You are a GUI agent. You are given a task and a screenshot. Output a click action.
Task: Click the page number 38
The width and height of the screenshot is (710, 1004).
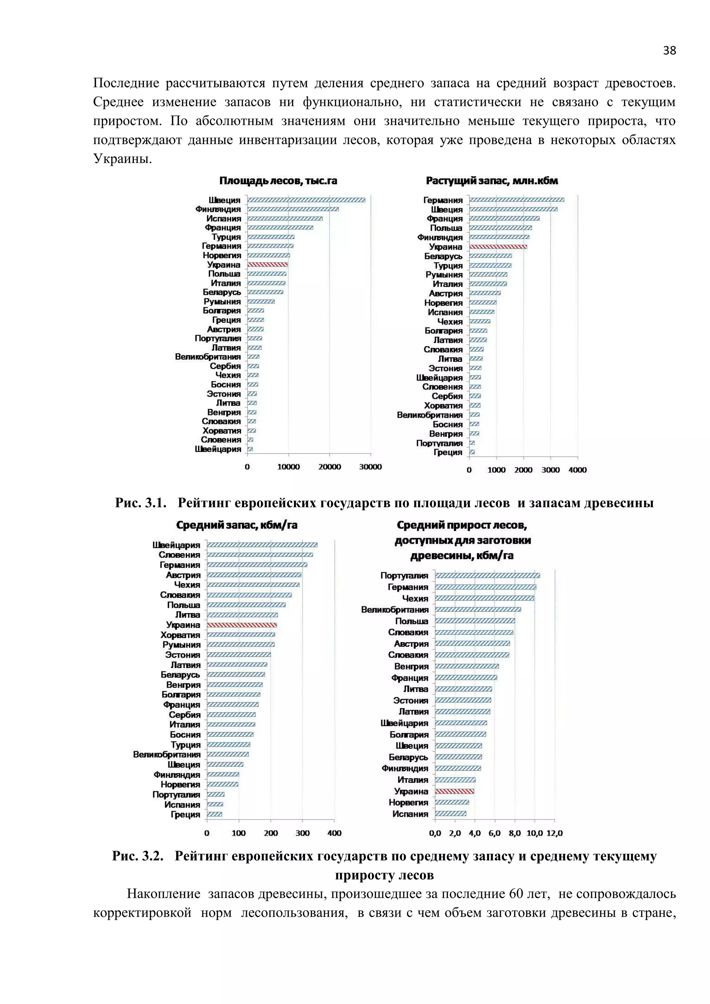[669, 51]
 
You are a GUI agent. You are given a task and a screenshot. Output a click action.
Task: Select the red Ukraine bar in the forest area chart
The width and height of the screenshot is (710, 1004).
[267, 265]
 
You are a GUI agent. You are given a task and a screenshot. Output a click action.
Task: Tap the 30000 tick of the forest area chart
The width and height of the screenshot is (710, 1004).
[370, 467]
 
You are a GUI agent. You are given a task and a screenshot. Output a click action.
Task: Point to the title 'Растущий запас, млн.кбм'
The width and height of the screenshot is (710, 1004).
[492, 181]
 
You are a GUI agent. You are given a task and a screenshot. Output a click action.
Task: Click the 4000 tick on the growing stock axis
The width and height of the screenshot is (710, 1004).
[578, 470]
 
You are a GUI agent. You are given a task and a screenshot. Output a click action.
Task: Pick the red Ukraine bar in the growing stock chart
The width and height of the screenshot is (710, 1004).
[498, 246]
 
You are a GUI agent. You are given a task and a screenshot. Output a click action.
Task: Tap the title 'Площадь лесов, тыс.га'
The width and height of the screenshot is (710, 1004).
[278, 181]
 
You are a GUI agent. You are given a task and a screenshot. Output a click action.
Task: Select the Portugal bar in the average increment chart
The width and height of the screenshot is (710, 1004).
[487, 575]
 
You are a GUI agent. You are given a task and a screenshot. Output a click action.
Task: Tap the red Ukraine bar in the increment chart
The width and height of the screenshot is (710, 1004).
[455, 791]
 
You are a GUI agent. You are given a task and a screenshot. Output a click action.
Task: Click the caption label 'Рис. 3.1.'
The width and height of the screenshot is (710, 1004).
[141, 503]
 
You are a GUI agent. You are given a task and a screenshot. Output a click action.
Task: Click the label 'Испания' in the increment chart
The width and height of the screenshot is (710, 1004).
[410, 814]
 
